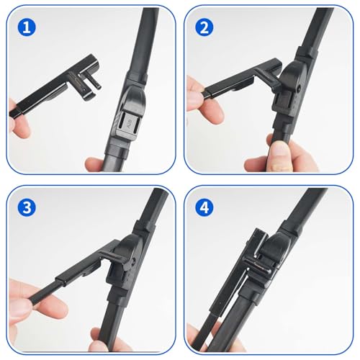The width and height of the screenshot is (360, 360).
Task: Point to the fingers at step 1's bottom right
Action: coord(101,163)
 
